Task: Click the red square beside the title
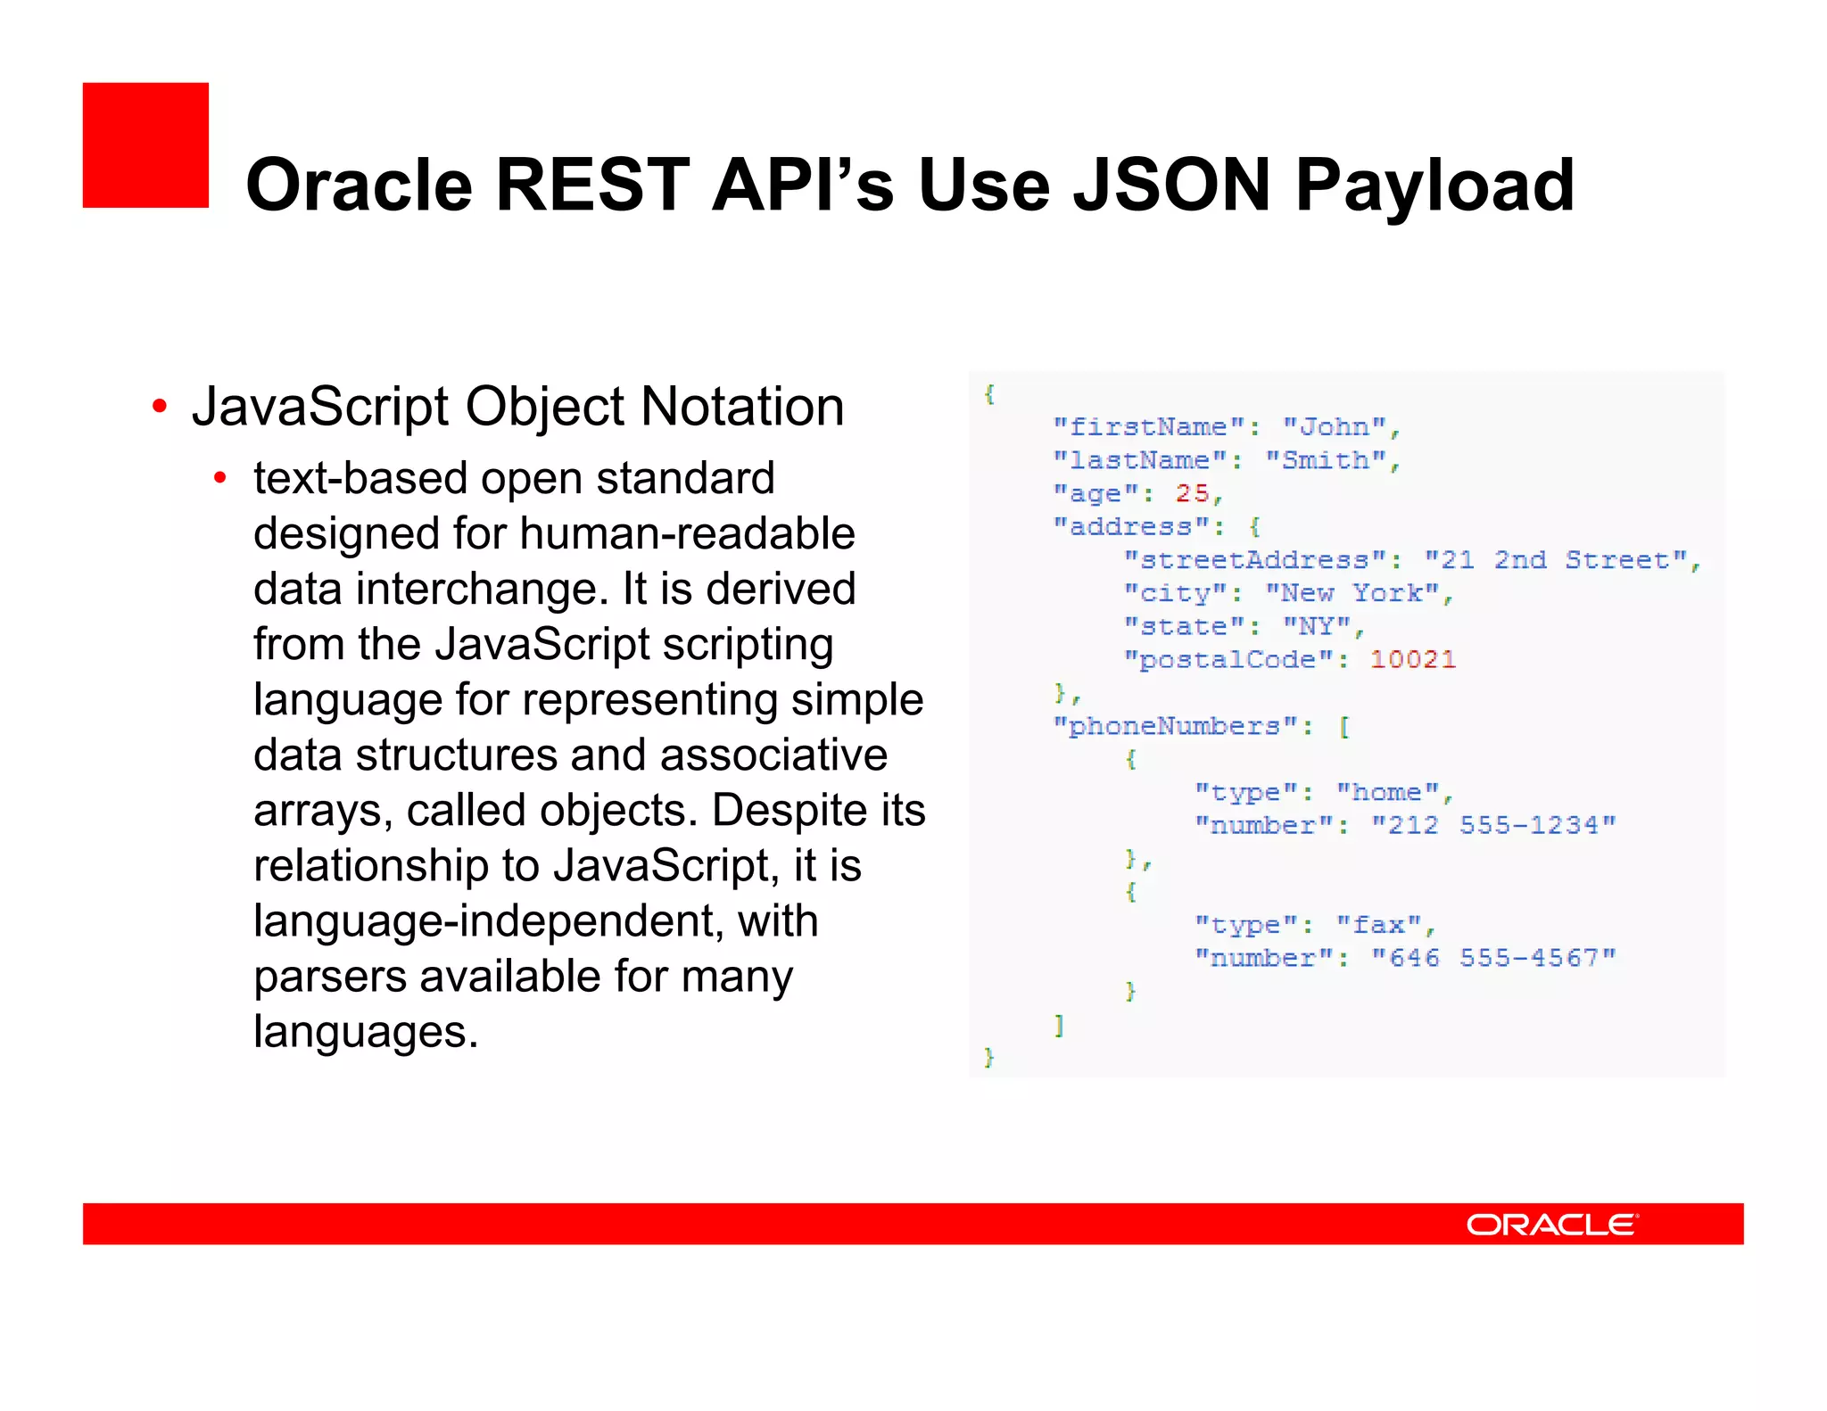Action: [145, 145]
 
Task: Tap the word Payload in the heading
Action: [1434, 186]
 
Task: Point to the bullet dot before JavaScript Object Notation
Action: [160, 408]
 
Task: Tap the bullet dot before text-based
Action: [220, 479]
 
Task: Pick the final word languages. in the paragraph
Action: [366, 1032]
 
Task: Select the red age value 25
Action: [1192, 493]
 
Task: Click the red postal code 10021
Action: [1413, 659]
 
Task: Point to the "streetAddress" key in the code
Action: [1255, 560]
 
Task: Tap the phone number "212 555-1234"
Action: [1493, 825]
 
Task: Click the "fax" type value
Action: [1379, 925]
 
